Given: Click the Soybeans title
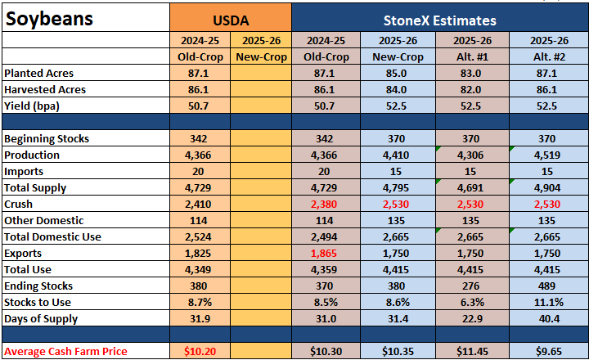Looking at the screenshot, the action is tap(49, 19).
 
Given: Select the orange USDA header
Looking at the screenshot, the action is tap(231, 20).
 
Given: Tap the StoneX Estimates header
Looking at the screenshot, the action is tap(440, 20).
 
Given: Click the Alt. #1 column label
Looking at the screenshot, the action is tap(472, 56).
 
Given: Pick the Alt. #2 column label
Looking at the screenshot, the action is tap(549, 56).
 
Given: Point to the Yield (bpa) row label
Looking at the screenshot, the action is tap(32, 106).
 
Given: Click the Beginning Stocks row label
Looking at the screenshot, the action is tap(47, 139).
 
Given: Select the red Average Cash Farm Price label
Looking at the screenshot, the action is tap(65, 351).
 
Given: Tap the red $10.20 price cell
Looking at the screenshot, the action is tap(200, 351).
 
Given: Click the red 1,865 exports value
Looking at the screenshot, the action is tap(324, 254).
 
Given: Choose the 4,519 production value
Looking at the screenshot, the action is tap(547, 155).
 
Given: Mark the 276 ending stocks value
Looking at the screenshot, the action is tap(470, 286).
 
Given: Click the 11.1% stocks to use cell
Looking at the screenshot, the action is tap(548, 303).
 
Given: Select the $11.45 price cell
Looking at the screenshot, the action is tap(472, 351).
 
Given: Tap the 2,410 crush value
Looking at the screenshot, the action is tap(198, 205).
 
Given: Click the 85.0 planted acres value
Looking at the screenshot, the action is tap(396, 74).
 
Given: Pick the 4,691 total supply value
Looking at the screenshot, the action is tap(470, 188).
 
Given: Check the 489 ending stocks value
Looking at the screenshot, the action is tap(546, 286).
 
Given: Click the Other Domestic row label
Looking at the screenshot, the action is tap(44, 221).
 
